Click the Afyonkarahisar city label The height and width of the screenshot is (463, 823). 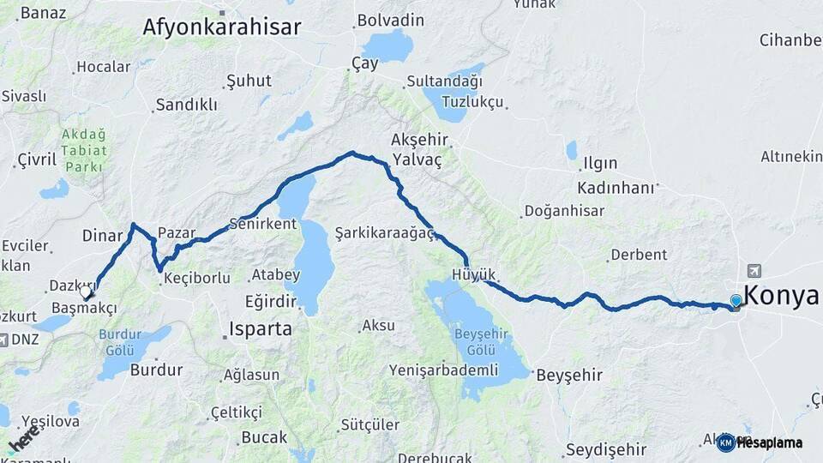221,27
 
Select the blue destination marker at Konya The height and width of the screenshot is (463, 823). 736,301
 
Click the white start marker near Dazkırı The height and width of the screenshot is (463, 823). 86,292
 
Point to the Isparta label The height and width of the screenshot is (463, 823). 261,328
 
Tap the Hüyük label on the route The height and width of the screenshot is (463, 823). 474,274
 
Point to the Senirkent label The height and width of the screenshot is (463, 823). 262,225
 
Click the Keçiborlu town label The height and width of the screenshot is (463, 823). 196,278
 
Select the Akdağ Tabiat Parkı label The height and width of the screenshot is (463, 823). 84,150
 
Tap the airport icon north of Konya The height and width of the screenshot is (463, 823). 754,270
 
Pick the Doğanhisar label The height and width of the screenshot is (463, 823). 564,211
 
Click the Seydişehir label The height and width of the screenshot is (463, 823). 605,450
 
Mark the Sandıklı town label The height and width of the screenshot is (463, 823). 186,105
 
